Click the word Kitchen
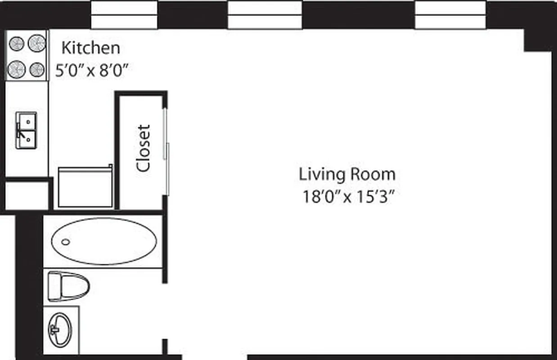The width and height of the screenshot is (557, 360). pyautogui.click(x=90, y=48)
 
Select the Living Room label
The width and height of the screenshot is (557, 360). pyautogui.click(x=347, y=174)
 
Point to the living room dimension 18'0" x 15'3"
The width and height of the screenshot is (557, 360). pyautogui.click(x=347, y=197)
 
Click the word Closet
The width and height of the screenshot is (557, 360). pyautogui.click(x=143, y=148)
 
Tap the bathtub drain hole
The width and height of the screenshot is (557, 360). pyautogui.click(x=66, y=242)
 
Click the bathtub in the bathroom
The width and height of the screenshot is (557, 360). pyautogui.click(x=104, y=241)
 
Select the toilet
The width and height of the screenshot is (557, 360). pyautogui.click(x=68, y=286)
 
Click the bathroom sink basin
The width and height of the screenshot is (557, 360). pyautogui.click(x=60, y=330)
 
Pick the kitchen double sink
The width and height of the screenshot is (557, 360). pyautogui.click(x=27, y=130)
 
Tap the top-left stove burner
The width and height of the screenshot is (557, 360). pyautogui.click(x=17, y=44)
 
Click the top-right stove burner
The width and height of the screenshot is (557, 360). pyautogui.click(x=37, y=43)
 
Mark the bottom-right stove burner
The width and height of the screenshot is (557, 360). pyautogui.click(x=37, y=69)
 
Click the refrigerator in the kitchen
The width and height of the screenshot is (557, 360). pyautogui.click(x=85, y=187)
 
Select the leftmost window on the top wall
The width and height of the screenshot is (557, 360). pyautogui.click(x=124, y=15)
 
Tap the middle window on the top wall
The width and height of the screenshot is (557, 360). pyautogui.click(x=265, y=15)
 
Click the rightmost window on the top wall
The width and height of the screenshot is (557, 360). pyautogui.click(x=450, y=15)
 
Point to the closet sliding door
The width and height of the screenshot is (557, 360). pyautogui.click(x=166, y=151)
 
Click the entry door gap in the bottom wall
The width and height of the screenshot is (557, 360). pyautogui.click(x=215, y=357)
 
